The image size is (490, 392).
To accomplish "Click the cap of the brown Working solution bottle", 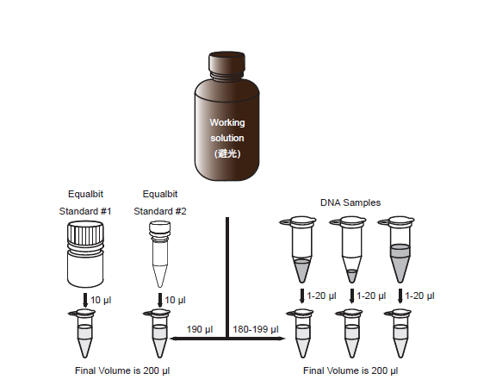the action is click(x=226, y=61).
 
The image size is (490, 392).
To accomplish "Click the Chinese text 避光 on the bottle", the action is click(x=227, y=153).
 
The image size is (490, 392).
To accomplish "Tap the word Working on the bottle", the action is click(x=227, y=122).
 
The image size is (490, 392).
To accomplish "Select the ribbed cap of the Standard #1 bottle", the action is click(x=85, y=233).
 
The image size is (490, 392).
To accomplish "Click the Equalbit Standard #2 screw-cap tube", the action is click(x=159, y=254).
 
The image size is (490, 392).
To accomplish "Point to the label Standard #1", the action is click(x=85, y=211).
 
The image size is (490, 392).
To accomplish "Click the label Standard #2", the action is click(x=160, y=211).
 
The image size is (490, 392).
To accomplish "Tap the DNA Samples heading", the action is click(x=350, y=202).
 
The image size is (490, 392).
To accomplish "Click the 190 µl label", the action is click(x=200, y=329).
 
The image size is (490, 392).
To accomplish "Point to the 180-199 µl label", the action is click(x=256, y=329).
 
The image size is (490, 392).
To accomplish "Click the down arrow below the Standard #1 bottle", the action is click(x=85, y=300).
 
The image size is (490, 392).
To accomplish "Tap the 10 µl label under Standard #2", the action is click(x=175, y=300).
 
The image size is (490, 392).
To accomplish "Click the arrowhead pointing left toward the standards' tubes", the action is click(x=173, y=339).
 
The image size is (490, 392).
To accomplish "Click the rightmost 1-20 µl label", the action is click(x=419, y=296).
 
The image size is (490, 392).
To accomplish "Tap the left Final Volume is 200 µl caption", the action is click(x=122, y=370).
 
